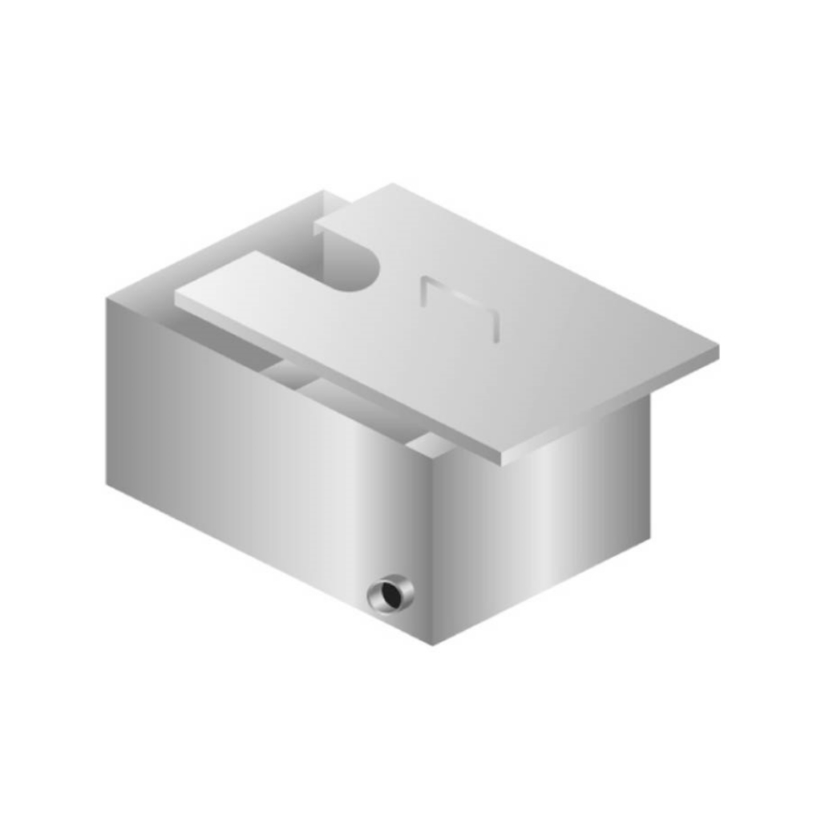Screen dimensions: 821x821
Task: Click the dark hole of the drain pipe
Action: (x=393, y=594)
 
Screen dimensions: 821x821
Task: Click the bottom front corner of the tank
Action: (x=433, y=644)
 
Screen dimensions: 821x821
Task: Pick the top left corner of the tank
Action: (x=107, y=300)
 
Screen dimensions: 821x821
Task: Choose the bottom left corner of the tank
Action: (x=107, y=483)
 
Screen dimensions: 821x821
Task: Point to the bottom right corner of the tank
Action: (x=649, y=538)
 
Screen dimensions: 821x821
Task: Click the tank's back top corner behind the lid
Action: (x=325, y=192)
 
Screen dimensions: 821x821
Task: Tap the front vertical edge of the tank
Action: (x=433, y=553)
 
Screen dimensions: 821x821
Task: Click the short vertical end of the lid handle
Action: (x=495, y=327)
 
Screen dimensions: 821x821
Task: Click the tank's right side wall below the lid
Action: (x=553, y=513)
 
